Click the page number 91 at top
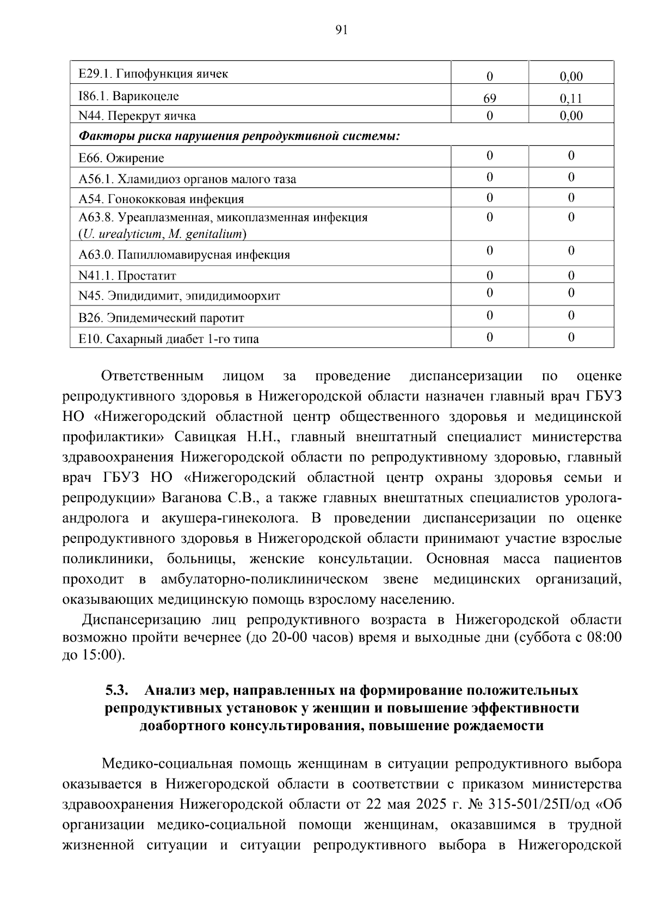(x=341, y=30)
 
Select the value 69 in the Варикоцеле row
(x=489, y=99)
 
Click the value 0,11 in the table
(x=571, y=99)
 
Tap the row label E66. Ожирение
(x=121, y=158)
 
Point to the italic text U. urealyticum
(x=122, y=235)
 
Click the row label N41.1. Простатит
(x=127, y=276)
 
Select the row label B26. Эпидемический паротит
(x=161, y=318)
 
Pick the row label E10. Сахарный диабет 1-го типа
(x=169, y=339)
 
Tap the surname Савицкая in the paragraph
(x=205, y=437)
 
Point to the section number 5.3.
(x=116, y=690)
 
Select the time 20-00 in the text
(x=289, y=638)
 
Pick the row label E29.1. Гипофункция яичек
(x=153, y=74)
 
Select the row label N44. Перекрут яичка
(x=137, y=116)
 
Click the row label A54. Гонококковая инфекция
(x=161, y=199)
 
